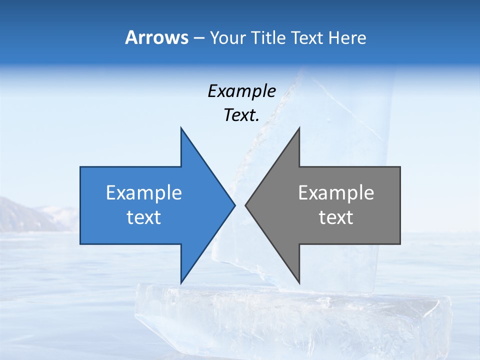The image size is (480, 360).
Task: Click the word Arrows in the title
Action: pos(156,37)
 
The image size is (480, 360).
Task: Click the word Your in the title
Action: pos(226,37)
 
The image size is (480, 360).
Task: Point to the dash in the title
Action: pos(199,38)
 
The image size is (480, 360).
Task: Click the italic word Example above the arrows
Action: pos(241,91)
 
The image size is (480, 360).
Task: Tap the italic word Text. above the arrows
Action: pos(241,115)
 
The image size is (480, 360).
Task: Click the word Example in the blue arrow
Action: pos(144,193)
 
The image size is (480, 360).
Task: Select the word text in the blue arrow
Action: pos(144,217)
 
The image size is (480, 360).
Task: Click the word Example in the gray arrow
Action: pos(336,193)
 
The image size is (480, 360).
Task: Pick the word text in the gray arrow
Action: pos(336,217)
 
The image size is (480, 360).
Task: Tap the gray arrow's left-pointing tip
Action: pos(246,205)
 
